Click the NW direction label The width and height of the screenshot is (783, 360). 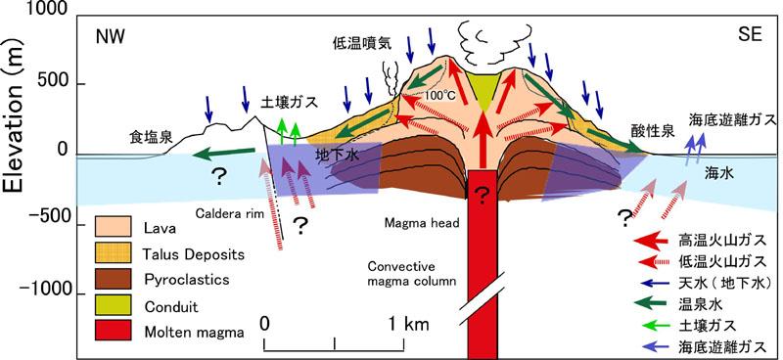tap(110, 38)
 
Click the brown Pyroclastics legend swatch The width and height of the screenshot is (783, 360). tap(113, 278)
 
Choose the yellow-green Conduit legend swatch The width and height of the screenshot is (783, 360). tap(113, 304)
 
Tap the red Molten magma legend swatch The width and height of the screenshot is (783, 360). tap(113, 330)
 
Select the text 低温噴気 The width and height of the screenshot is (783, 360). tap(362, 44)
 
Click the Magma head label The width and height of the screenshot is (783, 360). tap(422, 223)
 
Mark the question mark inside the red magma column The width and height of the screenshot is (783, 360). tap(481, 197)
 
